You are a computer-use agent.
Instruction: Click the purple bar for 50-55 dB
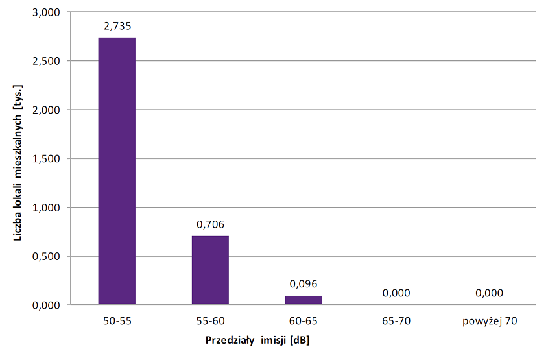point(117,171)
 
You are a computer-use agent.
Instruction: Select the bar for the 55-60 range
point(210,270)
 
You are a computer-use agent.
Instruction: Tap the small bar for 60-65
point(304,300)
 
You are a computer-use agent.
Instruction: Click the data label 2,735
point(117,26)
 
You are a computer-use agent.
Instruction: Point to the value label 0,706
point(210,224)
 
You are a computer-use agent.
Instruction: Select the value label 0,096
point(304,283)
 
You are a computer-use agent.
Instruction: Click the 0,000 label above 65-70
point(396,293)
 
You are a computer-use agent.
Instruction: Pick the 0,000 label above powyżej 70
point(490,293)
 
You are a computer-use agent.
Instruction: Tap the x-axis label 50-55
point(117,320)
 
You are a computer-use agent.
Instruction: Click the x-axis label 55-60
point(210,320)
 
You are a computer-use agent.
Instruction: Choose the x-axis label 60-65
point(304,320)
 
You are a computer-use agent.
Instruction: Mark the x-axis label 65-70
point(396,320)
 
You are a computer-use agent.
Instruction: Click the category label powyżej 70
point(490,320)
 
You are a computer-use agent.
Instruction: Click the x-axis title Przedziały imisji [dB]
point(257,341)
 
